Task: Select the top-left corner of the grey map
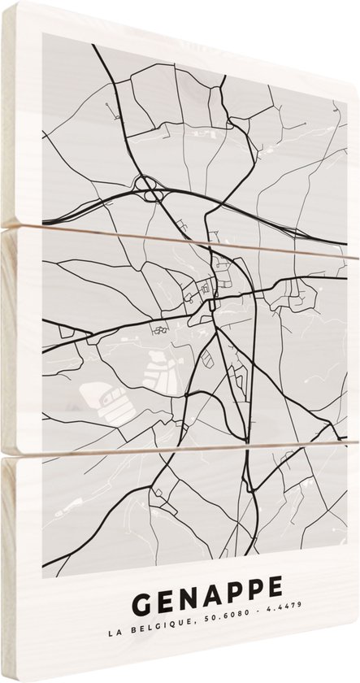tap(42, 41)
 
